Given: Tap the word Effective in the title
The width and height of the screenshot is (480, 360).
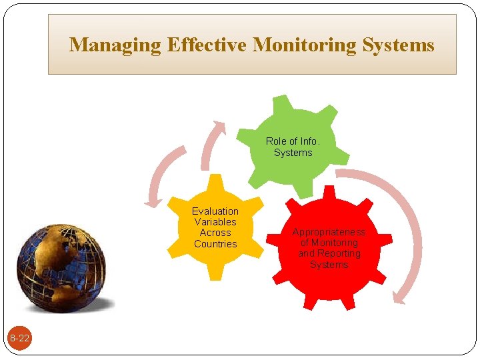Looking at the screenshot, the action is tap(207, 45).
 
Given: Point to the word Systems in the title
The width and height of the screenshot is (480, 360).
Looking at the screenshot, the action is tap(399, 45).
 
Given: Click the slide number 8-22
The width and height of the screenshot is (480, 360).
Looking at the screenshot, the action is tap(19, 339).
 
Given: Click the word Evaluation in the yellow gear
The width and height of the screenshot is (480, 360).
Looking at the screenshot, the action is tap(215, 211).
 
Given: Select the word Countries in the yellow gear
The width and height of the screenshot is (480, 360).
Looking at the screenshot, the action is tap(215, 244).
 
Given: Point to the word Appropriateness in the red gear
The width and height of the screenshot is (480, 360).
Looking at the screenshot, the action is tap(329, 232).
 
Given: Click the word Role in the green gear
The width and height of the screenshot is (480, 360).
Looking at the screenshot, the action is tap(275, 141).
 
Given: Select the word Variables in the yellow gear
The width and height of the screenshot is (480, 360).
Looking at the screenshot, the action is tap(215, 222).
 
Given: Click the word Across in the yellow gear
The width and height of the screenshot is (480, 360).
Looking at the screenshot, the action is tap(215, 233).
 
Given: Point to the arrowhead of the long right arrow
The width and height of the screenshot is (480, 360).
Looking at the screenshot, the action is tap(399, 299).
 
